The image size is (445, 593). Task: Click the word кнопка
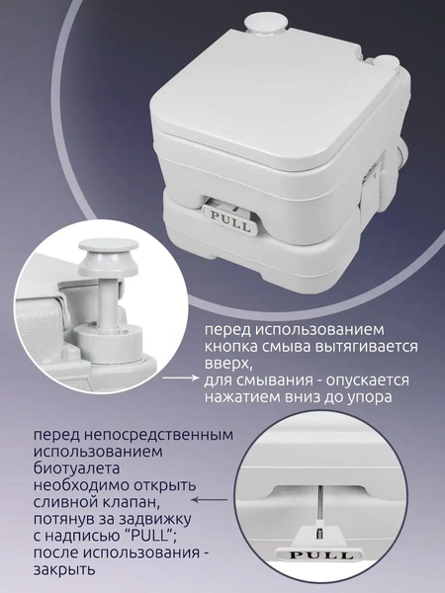coord(235,347)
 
